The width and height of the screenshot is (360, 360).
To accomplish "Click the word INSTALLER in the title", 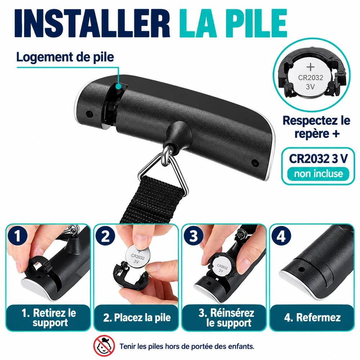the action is click(92, 23).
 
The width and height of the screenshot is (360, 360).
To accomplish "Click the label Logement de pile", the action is click(65, 57).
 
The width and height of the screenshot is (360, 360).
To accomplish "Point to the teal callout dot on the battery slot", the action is click(118, 86).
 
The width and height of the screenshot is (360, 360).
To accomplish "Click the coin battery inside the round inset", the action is click(310, 78).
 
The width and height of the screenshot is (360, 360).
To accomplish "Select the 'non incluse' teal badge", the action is click(318, 174).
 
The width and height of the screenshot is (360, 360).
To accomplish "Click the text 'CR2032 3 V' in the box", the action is click(318, 158).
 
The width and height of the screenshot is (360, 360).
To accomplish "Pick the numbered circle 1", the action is click(17, 236).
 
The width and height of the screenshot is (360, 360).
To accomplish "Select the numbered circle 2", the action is click(105, 236).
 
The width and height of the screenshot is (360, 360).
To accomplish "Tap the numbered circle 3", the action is click(193, 236).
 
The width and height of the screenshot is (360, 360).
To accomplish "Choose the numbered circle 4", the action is click(281, 236).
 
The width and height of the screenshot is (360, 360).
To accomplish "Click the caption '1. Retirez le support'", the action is click(49, 318).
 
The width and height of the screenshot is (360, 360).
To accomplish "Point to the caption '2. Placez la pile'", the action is click(137, 318).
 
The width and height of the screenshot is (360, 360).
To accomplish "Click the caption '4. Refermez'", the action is click(312, 318).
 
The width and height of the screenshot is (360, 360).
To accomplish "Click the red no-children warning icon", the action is click(104, 346).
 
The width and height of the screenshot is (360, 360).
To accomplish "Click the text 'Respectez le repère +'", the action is click(316, 127).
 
